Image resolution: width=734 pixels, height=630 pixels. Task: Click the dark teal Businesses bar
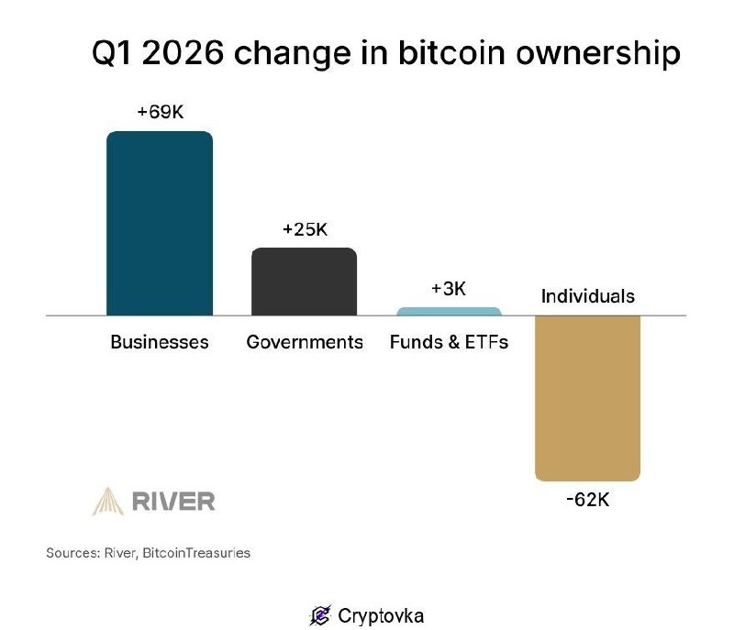(160, 223)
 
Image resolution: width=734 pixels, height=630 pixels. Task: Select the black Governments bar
(304, 282)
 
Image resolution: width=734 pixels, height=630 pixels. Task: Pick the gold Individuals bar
(587, 397)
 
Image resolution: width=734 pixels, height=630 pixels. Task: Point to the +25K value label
(305, 228)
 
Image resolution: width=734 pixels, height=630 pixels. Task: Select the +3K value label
(449, 289)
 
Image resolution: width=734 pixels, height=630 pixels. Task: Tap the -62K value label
(587, 501)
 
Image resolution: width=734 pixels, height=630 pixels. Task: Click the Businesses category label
(160, 342)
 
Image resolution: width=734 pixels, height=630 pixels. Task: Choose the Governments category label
(305, 342)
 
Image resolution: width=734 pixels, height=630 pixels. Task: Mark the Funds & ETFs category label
(449, 342)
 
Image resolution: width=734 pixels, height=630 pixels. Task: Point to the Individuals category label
(587, 296)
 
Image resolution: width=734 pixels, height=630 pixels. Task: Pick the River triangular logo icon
(108, 501)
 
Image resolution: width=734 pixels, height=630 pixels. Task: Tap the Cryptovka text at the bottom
(381, 614)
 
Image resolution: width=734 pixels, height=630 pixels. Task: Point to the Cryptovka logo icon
(320, 614)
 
